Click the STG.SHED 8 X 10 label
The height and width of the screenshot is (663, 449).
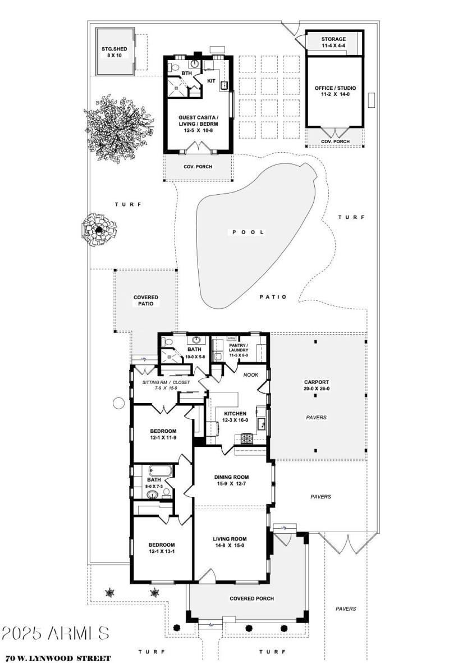click(x=114, y=52)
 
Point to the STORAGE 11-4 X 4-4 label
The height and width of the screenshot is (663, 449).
click(x=333, y=43)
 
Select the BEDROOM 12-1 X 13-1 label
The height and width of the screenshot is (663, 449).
click(x=162, y=548)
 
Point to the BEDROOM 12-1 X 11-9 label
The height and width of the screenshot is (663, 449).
click(x=162, y=435)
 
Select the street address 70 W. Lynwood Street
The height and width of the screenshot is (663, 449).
click(x=58, y=657)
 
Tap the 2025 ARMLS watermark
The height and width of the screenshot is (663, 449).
click(x=55, y=633)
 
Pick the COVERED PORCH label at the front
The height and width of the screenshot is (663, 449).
click(x=251, y=598)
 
